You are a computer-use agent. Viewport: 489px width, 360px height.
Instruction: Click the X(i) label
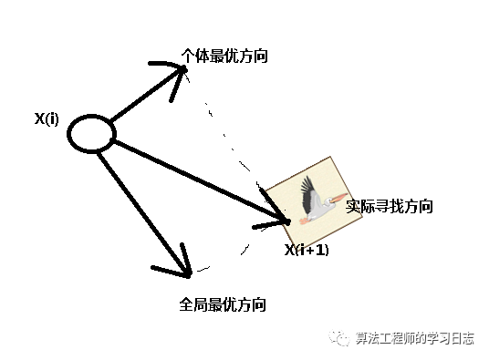point(47,118)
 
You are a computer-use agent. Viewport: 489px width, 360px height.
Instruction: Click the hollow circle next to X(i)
point(92,135)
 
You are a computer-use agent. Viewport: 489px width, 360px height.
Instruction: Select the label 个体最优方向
point(225,57)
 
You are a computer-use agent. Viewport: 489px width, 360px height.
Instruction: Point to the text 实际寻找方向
point(390,206)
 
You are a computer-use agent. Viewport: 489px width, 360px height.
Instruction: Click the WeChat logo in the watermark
point(339,338)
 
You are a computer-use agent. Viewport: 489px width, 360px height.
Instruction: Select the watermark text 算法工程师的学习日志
point(414,338)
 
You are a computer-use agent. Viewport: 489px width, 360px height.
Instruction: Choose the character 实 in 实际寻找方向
point(353,206)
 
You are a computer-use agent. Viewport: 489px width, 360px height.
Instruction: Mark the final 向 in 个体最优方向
point(262,57)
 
